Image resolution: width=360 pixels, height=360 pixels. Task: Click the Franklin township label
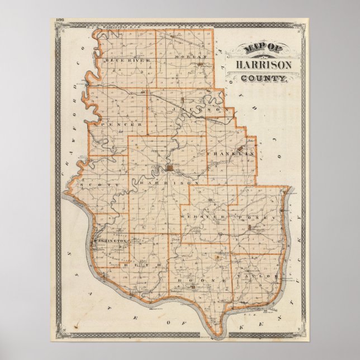point(231,153)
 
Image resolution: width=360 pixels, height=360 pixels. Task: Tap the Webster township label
point(207,216)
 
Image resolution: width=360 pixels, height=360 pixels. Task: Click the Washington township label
point(110,241)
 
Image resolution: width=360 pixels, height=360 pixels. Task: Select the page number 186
point(60,21)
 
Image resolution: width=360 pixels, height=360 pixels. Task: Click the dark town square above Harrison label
point(169,168)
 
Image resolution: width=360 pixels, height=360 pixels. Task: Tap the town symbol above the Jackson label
point(183,100)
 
